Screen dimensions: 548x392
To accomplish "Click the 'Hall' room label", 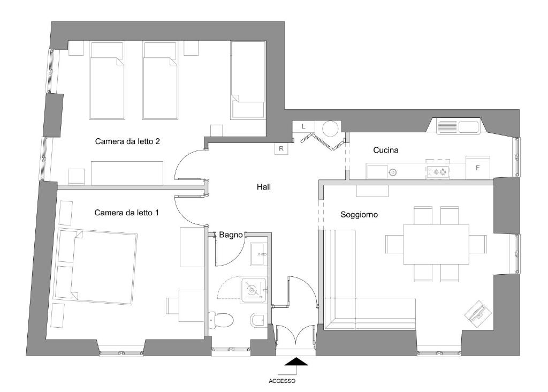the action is coord(263,187).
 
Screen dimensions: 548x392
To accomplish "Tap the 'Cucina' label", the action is coord(385,150).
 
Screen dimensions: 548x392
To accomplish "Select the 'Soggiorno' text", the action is coord(359,215).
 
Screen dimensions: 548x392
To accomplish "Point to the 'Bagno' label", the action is coord(231,235).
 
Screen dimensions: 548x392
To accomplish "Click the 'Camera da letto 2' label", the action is coord(127,141).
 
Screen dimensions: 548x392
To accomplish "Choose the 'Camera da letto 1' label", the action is coord(126,213).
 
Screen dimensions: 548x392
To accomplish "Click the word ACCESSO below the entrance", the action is coord(281,381).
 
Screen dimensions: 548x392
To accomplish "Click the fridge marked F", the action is coord(478,168).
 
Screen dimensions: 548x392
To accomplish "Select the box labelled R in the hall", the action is coord(281,149).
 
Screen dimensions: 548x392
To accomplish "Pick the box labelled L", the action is coord(303,126).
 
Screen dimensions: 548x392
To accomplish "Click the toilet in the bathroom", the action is coord(221,320).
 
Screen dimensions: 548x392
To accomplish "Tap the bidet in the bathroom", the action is coord(258,319).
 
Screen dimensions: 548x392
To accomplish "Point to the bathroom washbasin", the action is coord(259,254).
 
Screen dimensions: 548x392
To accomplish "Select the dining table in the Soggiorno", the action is coord(436,244).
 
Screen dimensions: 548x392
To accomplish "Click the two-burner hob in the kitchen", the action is coord(438,171).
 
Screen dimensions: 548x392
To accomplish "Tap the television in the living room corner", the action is coord(477,313).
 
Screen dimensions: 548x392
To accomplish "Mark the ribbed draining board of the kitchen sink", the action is coord(447,127).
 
